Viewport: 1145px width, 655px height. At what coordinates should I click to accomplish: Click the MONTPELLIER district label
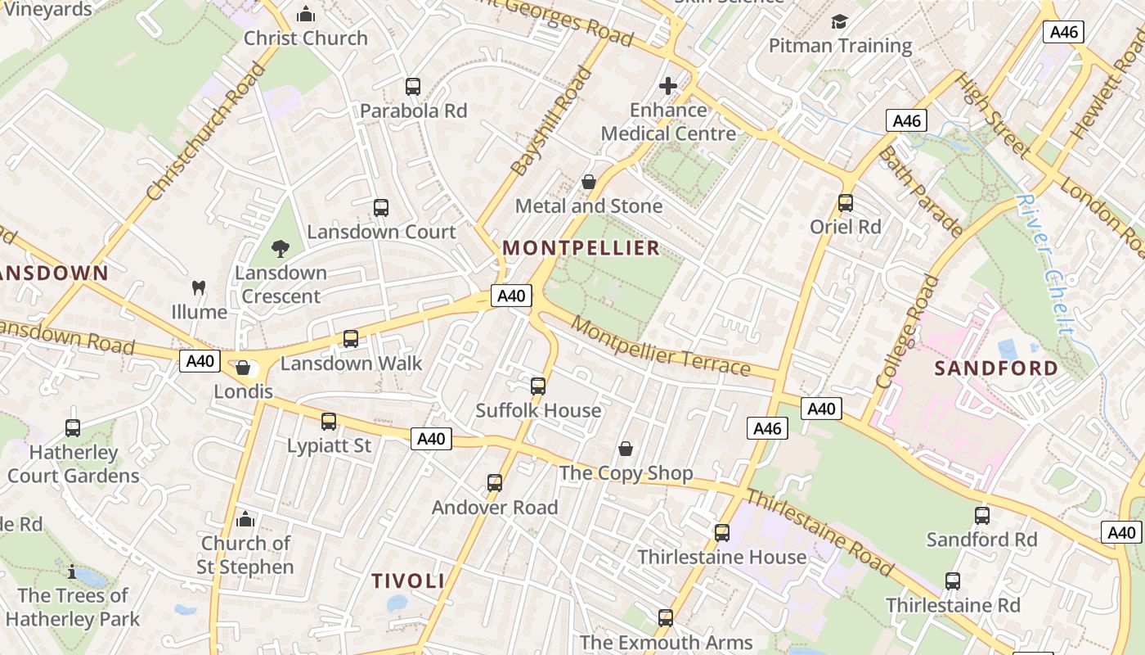click(x=581, y=248)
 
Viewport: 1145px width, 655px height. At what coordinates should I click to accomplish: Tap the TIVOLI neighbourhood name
click(x=408, y=581)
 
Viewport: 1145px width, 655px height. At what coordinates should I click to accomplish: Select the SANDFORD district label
click(x=996, y=368)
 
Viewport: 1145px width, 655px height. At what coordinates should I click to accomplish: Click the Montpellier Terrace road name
click(x=660, y=346)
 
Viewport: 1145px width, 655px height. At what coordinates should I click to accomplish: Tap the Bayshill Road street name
click(x=551, y=122)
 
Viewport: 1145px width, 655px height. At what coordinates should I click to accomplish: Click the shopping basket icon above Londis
click(x=243, y=368)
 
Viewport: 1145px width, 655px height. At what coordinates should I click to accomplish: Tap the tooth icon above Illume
click(x=198, y=287)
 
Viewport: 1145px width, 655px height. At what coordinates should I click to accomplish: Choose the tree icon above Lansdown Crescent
click(x=281, y=248)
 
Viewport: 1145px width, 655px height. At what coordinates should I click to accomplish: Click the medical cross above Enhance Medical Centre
click(x=668, y=86)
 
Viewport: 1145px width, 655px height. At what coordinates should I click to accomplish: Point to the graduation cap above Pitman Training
click(x=839, y=21)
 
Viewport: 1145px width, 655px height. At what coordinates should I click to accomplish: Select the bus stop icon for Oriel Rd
click(x=846, y=202)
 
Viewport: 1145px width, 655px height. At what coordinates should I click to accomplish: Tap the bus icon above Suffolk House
click(x=538, y=386)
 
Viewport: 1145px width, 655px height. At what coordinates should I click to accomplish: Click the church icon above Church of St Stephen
click(x=245, y=519)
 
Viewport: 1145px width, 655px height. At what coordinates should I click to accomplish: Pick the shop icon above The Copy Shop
click(x=626, y=449)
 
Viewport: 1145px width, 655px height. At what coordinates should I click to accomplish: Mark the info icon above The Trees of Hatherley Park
click(x=72, y=571)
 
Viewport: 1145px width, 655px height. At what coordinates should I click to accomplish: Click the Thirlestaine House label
click(x=722, y=558)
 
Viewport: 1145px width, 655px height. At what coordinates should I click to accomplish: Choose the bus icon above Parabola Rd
click(x=413, y=86)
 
